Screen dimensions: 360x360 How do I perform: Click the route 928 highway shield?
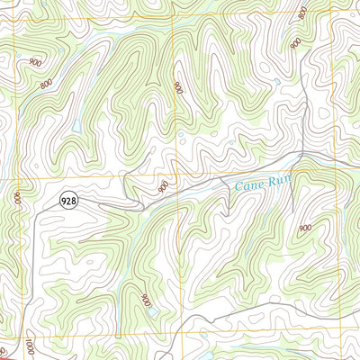point(67,200)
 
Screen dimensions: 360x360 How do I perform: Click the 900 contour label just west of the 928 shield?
point(17,197)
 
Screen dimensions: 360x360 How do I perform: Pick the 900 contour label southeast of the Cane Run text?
point(305,228)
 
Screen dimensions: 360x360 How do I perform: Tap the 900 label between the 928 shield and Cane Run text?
point(163,187)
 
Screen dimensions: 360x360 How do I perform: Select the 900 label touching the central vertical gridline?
point(179,88)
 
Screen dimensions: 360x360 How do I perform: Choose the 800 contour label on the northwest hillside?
point(47,84)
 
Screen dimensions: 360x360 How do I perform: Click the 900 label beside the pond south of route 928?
point(146,300)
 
